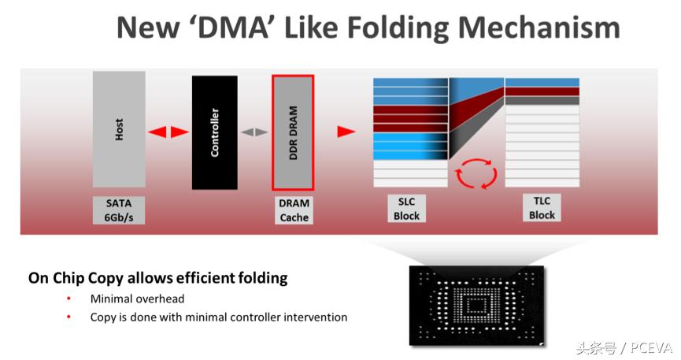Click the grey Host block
coord(119,129)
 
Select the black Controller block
coord(214,132)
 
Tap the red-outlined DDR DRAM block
coord(293,132)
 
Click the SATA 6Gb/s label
coord(119,209)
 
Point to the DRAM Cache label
coord(294,210)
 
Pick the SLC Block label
coord(407,209)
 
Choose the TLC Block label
coord(542,208)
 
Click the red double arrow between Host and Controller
coord(168,132)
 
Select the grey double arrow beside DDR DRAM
coord(254,132)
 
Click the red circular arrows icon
coord(475,173)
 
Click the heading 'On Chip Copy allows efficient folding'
coord(157,278)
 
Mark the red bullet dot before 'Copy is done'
coord(69,317)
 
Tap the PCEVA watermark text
coord(649,347)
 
